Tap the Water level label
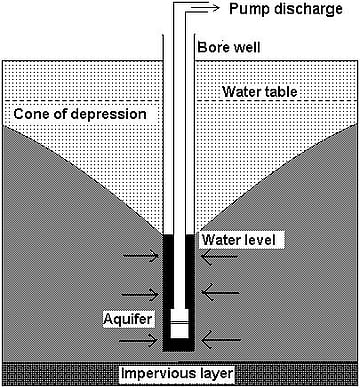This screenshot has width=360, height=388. [x=243, y=241]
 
